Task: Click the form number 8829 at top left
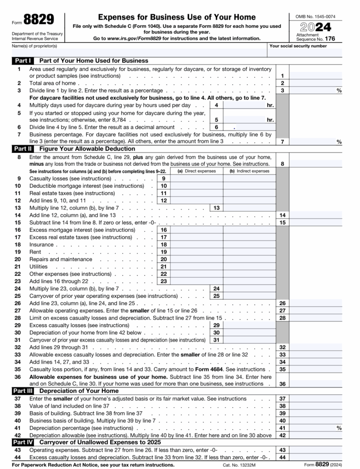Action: tap(38, 20)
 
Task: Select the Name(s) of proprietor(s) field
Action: tap(137, 51)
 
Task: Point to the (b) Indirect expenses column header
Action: tap(250, 171)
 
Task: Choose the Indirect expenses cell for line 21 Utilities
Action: tap(250, 267)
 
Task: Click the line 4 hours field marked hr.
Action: tap(247, 105)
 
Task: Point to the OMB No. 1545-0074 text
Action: tap(316, 16)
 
